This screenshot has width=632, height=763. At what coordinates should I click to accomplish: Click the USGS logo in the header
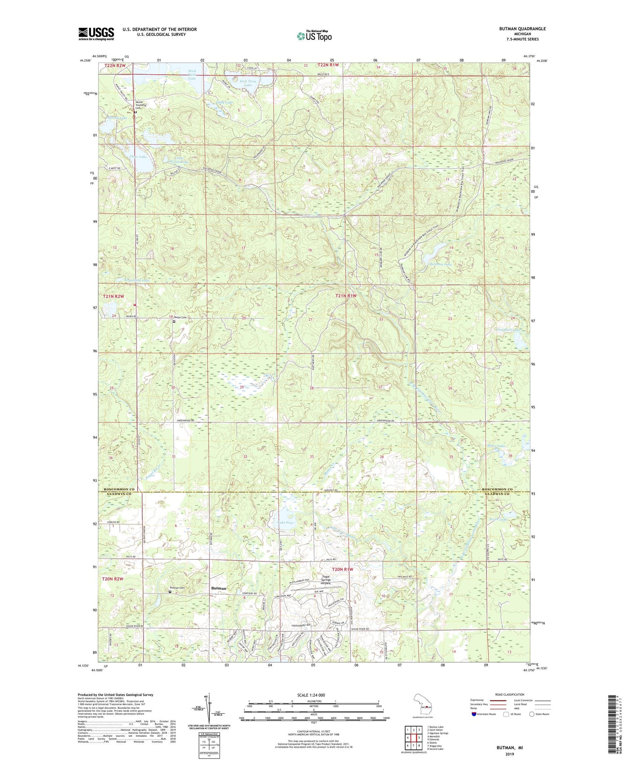96,34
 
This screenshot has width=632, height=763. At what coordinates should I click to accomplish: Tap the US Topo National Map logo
314,36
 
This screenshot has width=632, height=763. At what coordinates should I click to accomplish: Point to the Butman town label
219,588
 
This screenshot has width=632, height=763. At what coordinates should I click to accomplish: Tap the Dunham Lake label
440,264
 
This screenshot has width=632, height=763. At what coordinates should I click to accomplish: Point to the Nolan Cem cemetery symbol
174,322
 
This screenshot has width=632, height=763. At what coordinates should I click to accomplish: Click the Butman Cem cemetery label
178,588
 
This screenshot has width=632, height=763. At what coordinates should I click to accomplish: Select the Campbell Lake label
508,329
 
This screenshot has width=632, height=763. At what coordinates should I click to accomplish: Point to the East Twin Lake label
248,83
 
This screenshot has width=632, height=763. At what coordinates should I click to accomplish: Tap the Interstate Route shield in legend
474,714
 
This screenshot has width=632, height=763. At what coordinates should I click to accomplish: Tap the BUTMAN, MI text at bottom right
510,748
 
